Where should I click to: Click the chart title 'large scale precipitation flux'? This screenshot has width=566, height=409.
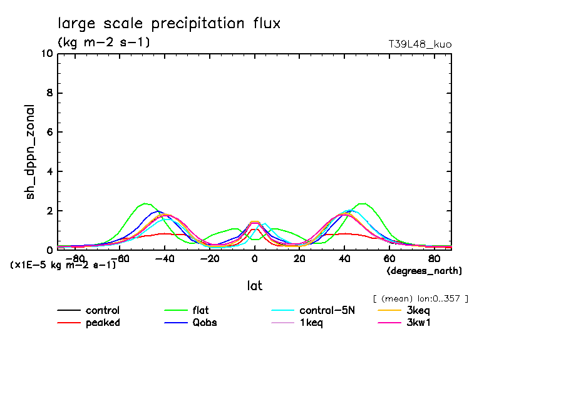tap(169, 24)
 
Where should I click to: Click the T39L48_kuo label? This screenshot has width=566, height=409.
tap(419, 44)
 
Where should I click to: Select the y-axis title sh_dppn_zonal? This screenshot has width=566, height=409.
tap(30, 151)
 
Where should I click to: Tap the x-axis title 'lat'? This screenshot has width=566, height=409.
tap(254, 286)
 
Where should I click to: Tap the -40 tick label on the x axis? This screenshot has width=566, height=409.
tap(163, 258)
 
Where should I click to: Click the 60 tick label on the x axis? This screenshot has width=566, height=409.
tap(389, 258)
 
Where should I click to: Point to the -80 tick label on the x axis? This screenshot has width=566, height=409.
tap(73, 258)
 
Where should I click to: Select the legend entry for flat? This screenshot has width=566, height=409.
tap(201, 310)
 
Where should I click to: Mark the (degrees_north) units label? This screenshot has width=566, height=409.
tap(424, 271)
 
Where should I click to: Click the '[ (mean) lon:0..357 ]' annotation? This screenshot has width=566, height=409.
tap(420, 298)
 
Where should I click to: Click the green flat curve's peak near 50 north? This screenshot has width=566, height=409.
tap(363, 203)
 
